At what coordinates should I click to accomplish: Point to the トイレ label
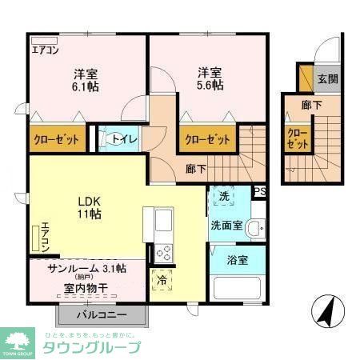pyautogui.click(x=125, y=138)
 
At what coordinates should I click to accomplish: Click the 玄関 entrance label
pyautogui.click(x=326, y=78)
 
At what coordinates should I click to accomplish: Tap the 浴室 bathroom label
pyautogui.click(x=236, y=260)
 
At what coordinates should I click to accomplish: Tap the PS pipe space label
pyautogui.click(x=259, y=191)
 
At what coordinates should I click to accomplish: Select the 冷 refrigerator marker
pyautogui.click(x=162, y=282)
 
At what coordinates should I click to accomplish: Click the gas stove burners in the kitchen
pyautogui.click(x=164, y=252)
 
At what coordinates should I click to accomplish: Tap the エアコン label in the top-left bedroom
pyautogui.click(x=46, y=50)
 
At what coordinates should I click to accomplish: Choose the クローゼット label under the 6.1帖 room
pyautogui.click(x=57, y=140)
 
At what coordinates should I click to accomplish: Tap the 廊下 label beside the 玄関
pyautogui.click(x=312, y=104)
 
